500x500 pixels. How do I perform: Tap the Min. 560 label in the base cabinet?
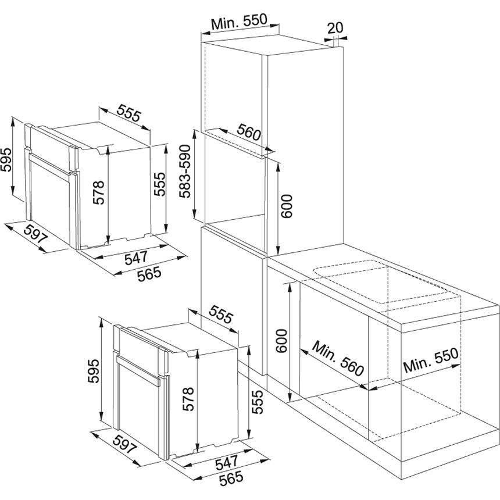coord(337,358)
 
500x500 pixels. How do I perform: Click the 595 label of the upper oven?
coord(6,158)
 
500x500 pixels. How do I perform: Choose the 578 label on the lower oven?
coord(188,398)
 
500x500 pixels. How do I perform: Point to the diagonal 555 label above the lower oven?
coord(220,316)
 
